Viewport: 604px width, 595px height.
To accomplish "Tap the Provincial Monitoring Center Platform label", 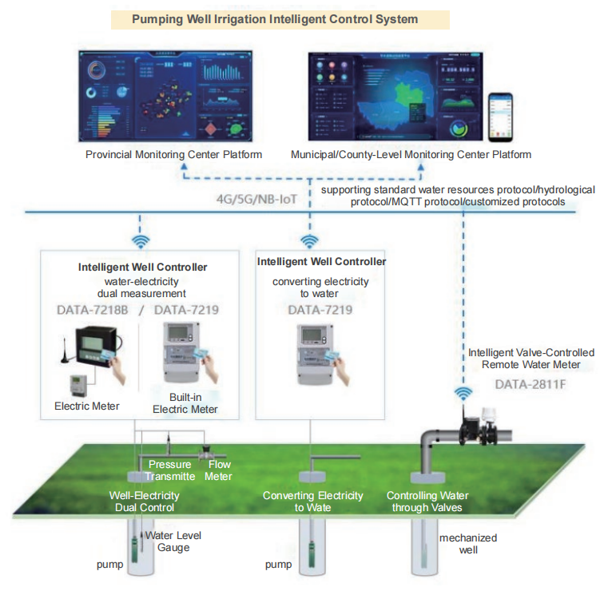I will [173, 154].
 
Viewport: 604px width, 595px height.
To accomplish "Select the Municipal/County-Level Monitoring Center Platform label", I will [411, 154].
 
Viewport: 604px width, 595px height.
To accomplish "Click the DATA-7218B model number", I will [92, 309].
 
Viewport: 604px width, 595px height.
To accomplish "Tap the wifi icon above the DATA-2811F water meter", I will [463, 393].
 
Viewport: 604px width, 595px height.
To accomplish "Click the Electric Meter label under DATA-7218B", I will [86, 406].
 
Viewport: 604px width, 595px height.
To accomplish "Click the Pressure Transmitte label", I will [169, 470].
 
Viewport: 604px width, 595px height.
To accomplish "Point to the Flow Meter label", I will [220, 470].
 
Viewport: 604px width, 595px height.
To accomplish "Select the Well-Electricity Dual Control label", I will [144, 502].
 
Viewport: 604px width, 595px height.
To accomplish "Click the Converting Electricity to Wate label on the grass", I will [312, 502].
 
